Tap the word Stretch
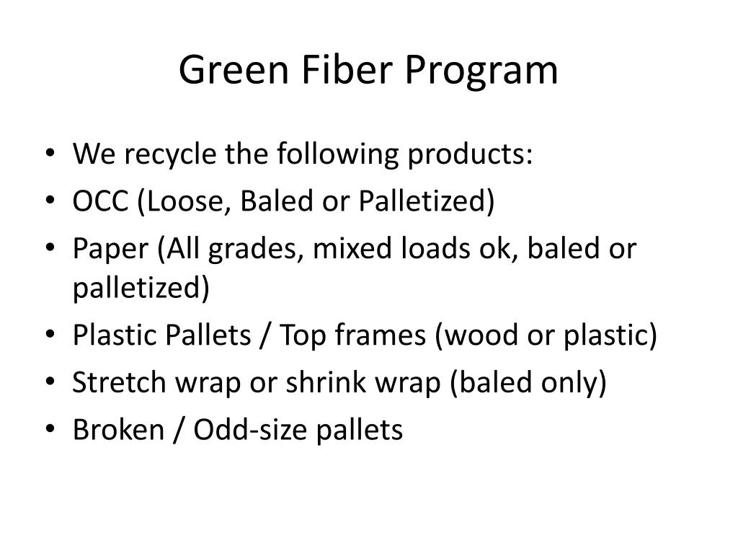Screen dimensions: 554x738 click(x=119, y=382)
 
